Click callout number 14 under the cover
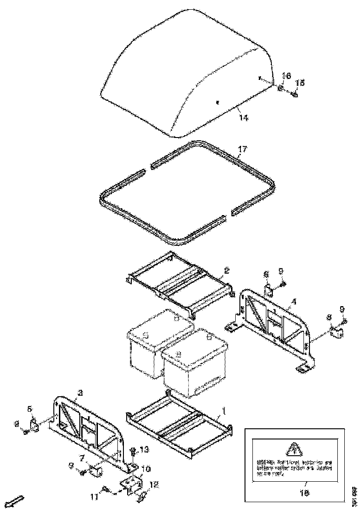pyautogui.click(x=244, y=118)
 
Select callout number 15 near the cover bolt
pyautogui.click(x=300, y=83)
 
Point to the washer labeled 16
pyautogui.click(x=281, y=88)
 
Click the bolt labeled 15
pyautogui.click(x=294, y=94)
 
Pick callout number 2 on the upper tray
pyautogui.click(x=226, y=270)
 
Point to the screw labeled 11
pyautogui.click(x=105, y=488)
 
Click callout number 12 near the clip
pyautogui.click(x=154, y=485)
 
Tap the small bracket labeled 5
pyautogui.click(x=34, y=424)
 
